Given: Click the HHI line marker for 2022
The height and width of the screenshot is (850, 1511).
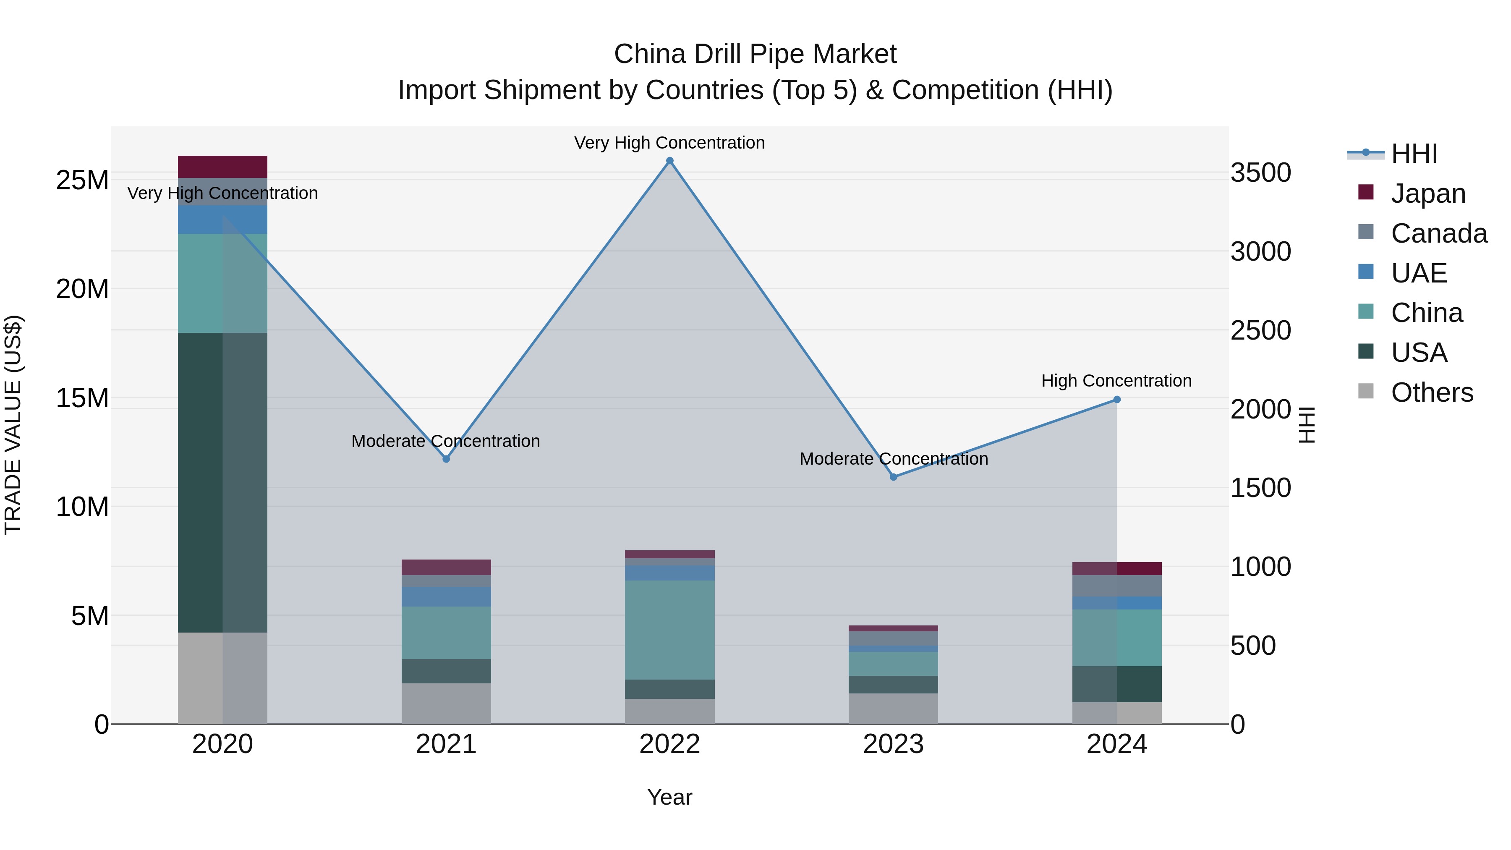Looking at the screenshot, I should (x=670, y=161).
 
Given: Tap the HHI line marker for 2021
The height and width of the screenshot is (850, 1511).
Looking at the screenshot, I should (x=447, y=459).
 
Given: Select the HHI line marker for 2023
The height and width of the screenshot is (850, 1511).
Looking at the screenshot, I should (x=893, y=477).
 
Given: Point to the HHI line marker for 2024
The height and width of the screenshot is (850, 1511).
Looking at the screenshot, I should (x=1117, y=400).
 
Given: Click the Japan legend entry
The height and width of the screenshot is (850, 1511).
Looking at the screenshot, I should (x=1428, y=193).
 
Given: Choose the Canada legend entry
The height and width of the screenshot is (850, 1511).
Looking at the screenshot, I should (x=1438, y=233).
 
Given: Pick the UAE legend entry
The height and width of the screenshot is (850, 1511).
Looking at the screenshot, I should (x=1418, y=273).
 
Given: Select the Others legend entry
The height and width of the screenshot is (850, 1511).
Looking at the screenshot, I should (x=1431, y=392).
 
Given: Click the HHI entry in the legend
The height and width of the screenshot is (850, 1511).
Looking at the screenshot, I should (x=1414, y=154).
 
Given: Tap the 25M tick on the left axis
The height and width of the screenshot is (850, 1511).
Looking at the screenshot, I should (x=82, y=180).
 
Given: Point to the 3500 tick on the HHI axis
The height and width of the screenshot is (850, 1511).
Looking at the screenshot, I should (x=1260, y=173).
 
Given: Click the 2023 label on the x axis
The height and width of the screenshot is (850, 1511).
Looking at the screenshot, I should (x=893, y=744).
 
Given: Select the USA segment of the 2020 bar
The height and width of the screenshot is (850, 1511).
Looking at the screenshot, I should (x=222, y=482).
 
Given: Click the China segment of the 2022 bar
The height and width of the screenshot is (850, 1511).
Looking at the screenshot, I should (x=670, y=630).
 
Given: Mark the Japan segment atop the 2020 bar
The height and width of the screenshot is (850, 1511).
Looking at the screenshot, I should (x=222, y=167).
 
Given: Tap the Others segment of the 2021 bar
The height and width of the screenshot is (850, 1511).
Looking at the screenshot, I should (x=447, y=704).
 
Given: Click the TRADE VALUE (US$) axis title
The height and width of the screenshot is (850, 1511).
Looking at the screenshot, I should (x=13, y=425).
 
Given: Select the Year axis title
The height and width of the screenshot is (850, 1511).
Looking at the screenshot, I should (x=670, y=797).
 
